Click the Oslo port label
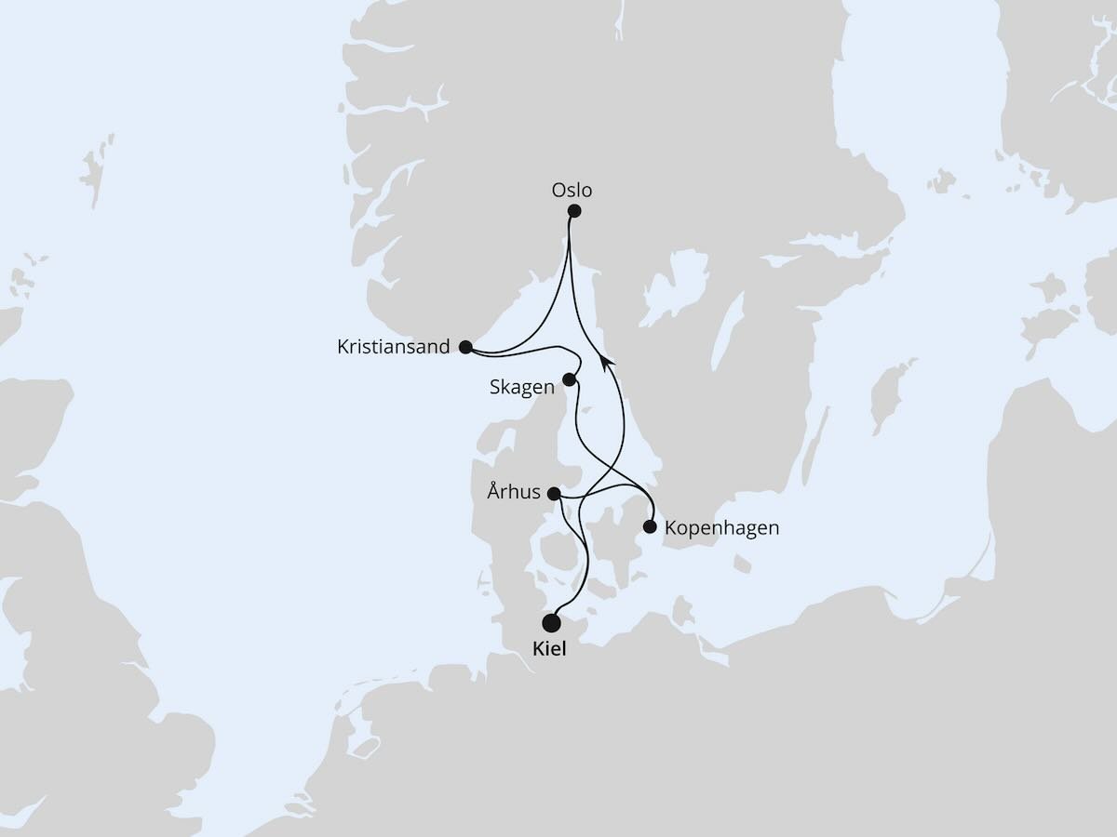(x=571, y=191)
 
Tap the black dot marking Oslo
(x=574, y=211)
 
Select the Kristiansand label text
(x=394, y=348)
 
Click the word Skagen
(x=521, y=387)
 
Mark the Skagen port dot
(x=570, y=379)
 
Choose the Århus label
(x=513, y=492)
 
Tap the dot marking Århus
(x=554, y=493)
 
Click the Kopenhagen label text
(x=721, y=528)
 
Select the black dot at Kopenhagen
(x=650, y=527)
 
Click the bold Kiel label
(x=548, y=649)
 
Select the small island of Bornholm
(x=741, y=565)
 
